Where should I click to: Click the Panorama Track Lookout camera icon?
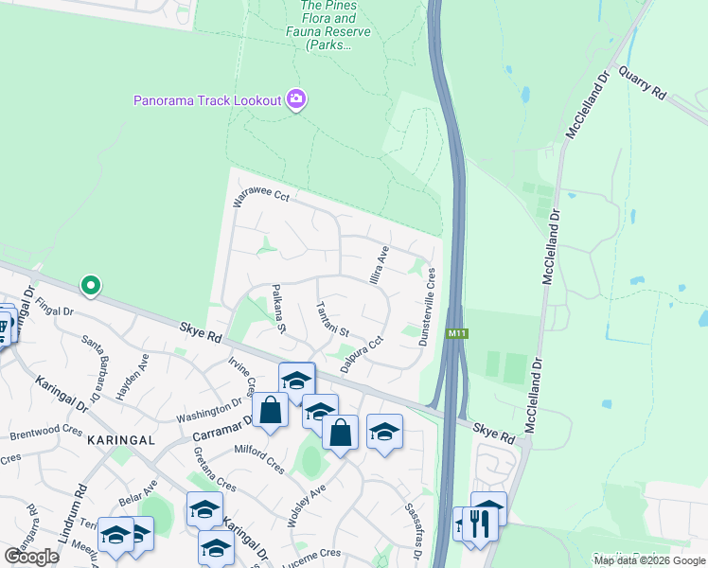296,99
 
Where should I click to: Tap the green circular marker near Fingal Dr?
91,284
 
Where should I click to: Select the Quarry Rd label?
643,82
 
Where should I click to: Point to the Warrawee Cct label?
261,198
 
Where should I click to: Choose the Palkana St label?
278,310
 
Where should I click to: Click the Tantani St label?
333,319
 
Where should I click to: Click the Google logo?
31,556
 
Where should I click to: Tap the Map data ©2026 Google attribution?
649,560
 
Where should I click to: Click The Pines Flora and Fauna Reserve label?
328,24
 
